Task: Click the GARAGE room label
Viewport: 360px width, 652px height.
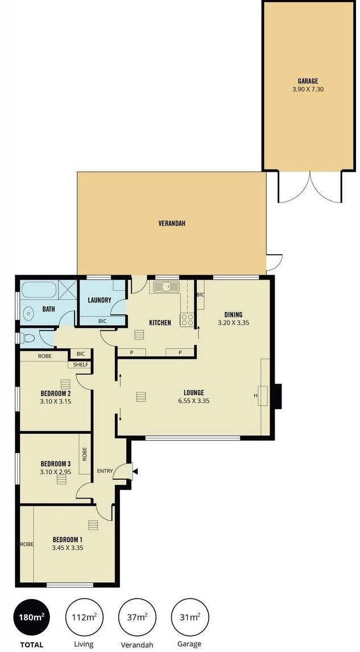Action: tap(308, 81)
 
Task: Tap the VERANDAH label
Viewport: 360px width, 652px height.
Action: tap(171, 223)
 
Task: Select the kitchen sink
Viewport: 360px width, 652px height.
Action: tap(164, 287)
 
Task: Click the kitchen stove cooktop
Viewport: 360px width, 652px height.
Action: tap(187, 320)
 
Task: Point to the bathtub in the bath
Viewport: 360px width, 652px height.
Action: tap(39, 289)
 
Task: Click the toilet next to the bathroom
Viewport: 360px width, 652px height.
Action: tap(27, 338)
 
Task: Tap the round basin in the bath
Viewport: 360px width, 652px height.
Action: tap(28, 313)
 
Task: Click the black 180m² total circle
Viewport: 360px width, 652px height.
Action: tap(31, 617)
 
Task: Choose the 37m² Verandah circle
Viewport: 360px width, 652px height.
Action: tap(137, 617)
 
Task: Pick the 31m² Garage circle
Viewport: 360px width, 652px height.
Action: tap(190, 617)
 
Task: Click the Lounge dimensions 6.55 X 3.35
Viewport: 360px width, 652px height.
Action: tap(193, 401)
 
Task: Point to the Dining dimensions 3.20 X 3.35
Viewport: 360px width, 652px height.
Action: tap(234, 322)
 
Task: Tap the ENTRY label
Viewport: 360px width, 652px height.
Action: tap(105, 471)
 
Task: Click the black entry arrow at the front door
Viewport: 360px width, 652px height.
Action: tap(135, 472)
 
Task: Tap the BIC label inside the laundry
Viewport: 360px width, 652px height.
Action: tap(102, 321)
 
